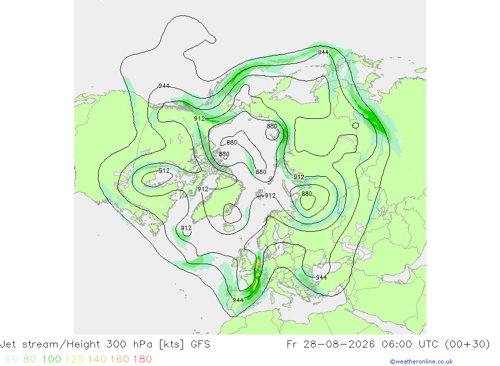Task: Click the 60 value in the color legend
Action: [11, 359]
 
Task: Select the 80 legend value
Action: [29, 359]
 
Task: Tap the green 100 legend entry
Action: [51, 359]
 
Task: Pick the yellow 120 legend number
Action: [74, 359]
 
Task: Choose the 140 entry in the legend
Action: [97, 359]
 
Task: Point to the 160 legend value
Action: [119, 359]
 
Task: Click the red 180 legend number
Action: [142, 359]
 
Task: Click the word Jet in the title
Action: [8, 345]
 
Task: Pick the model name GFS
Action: [200, 345]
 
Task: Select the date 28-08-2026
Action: [339, 345]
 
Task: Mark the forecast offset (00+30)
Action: [467, 345]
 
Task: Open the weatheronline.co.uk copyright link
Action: [421, 362]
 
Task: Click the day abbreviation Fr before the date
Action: [292, 345]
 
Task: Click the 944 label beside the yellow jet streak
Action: [238, 300]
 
